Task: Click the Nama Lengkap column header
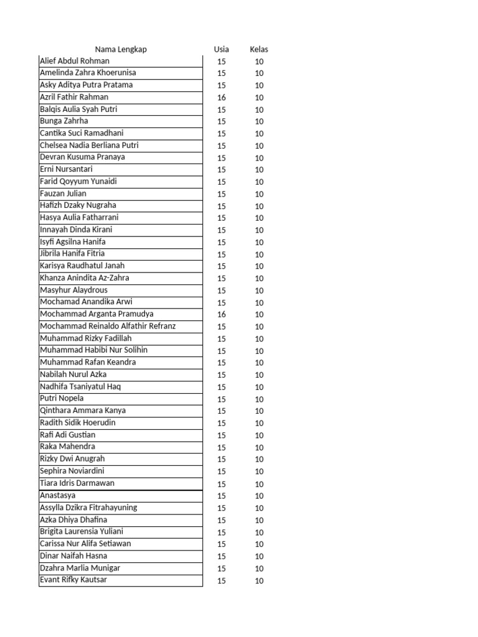(x=121, y=49)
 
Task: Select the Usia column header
(x=221, y=49)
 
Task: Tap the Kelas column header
(x=259, y=49)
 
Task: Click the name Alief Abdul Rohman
(x=75, y=61)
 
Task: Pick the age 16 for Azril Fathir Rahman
(x=222, y=98)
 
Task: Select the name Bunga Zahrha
(x=64, y=121)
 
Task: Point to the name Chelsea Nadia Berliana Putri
(x=89, y=146)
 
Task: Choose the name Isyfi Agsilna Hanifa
(x=73, y=242)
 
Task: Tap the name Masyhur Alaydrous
(x=73, y=290)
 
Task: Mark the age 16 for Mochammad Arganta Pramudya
(x=222, y=315)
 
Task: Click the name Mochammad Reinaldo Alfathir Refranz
(x=108, y=326)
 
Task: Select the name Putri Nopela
(x=62, y=399)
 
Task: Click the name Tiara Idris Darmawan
(x=77, y=483)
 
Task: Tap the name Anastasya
(x=58, y=496)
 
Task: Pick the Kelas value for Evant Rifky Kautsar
(x=259, y=581)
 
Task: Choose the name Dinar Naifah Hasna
(x=73, y=556)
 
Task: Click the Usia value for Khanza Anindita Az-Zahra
(x=222, y=279)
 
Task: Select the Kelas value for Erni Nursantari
(x=259, y=170)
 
